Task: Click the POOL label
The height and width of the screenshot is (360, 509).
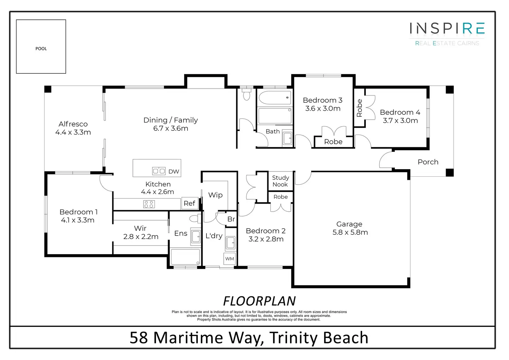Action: click(41, 49)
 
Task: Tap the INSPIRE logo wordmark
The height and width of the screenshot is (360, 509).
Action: click(447, 28)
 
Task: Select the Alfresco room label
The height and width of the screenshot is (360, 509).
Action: click(73, 124)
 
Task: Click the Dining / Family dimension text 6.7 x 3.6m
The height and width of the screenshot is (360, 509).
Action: click(171, 128)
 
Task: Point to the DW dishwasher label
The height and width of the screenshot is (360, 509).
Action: click(174, 172)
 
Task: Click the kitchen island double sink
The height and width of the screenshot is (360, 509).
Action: click(159, 171)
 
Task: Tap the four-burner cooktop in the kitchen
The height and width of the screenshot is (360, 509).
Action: click(149, 204)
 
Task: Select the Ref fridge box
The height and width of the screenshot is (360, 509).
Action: click(190, 203)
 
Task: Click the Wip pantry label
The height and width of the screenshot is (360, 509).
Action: click(215, 195)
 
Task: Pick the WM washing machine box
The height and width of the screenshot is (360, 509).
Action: click(230, 259)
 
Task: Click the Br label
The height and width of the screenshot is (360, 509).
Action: click(231, 219)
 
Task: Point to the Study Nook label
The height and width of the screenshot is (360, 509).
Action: click(281, 181)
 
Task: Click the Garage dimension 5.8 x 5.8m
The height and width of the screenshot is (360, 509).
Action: click(350, 232)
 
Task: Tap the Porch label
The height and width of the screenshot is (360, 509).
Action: click(428, 162)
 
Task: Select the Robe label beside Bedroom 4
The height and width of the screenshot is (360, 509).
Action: click(359, 108)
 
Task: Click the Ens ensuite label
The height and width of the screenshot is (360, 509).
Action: click(181, 233)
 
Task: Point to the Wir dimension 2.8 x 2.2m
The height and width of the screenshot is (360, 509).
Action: click(141, 237)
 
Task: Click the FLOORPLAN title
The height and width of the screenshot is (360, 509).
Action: click(259, 301)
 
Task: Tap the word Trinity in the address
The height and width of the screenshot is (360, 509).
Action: click(294, 338)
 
